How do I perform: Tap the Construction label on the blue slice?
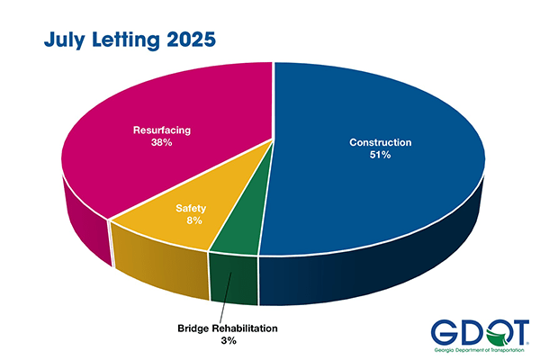tap(380, 142)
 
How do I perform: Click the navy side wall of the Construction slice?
tap(378, 270)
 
